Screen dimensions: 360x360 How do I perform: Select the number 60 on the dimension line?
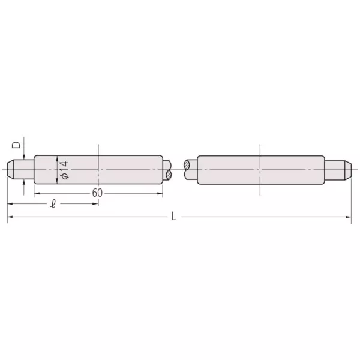tap(97, 193)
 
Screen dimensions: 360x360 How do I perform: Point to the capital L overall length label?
tap(173, 216)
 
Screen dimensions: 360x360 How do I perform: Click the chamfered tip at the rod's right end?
tap(347, 170)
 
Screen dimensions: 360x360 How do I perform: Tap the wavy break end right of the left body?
tap(167, 170)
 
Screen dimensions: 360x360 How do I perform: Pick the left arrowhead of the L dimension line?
tap(10, 216)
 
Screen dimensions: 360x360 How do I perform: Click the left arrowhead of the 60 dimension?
tap(37, 193)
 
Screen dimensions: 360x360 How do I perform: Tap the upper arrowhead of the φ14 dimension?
tap(58, 158)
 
